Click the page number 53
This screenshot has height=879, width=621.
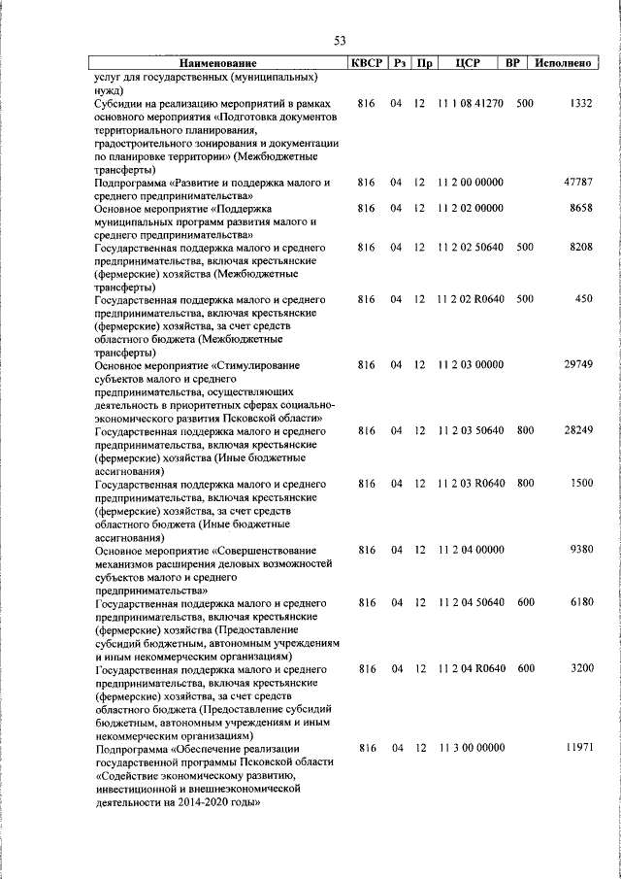[340, 40]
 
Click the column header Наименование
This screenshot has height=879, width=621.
[217, 63]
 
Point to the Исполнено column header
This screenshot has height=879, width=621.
[563, 63]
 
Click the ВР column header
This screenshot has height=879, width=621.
[513, 63]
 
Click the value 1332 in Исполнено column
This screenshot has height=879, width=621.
[581, 103]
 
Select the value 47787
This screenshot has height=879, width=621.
[577, 182]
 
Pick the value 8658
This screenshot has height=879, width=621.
[581, 208]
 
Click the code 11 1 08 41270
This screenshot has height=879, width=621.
[470, 103]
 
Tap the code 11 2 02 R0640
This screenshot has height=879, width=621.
[470, 299]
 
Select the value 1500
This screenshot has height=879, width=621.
[581, 483]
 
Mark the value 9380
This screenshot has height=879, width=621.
[581, 549]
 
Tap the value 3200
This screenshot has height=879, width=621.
[581, 668]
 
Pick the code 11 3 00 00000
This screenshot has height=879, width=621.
[470, 747]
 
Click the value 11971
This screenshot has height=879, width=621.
[577, 747]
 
